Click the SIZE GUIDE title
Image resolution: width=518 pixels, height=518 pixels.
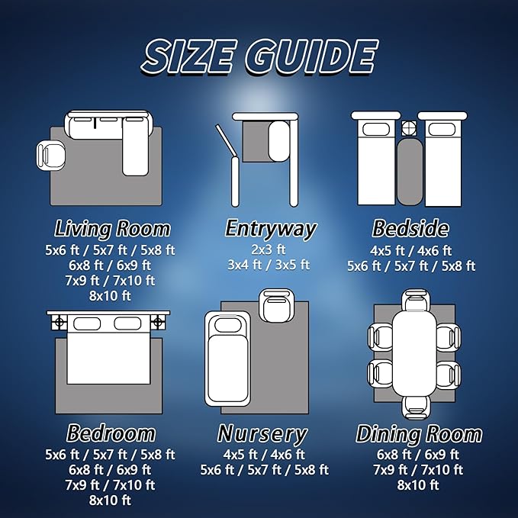[x=260, y=56]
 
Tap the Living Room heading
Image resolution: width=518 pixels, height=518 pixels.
[x=112, y=228]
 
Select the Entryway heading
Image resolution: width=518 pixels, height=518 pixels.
[x=271, y=229]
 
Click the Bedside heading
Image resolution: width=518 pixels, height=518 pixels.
[x=410, y=228]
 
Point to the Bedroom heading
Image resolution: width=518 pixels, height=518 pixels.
[x=111, y=433]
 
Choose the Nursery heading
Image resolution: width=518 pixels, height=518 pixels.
[x=262, y=434]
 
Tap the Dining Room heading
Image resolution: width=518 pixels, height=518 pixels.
[x=419, y=434]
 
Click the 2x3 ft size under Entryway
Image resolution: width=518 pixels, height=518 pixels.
[x=269, y=249]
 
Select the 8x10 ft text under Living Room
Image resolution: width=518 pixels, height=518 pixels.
[x=110, y=296]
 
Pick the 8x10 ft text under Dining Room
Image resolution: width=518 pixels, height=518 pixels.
[x=418, y=485]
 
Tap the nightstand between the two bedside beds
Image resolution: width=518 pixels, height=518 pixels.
[x=410, y=128]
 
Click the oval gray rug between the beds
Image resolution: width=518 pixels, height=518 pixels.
[x=410, y=172]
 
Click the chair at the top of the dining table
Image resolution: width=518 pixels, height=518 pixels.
[x=417, y=301]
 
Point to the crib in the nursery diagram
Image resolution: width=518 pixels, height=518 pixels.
[x=227, y=359]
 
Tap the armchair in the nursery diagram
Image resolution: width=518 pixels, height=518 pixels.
[x=276, y=306]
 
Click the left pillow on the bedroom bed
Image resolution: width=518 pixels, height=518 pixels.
[x=87, y=323]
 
